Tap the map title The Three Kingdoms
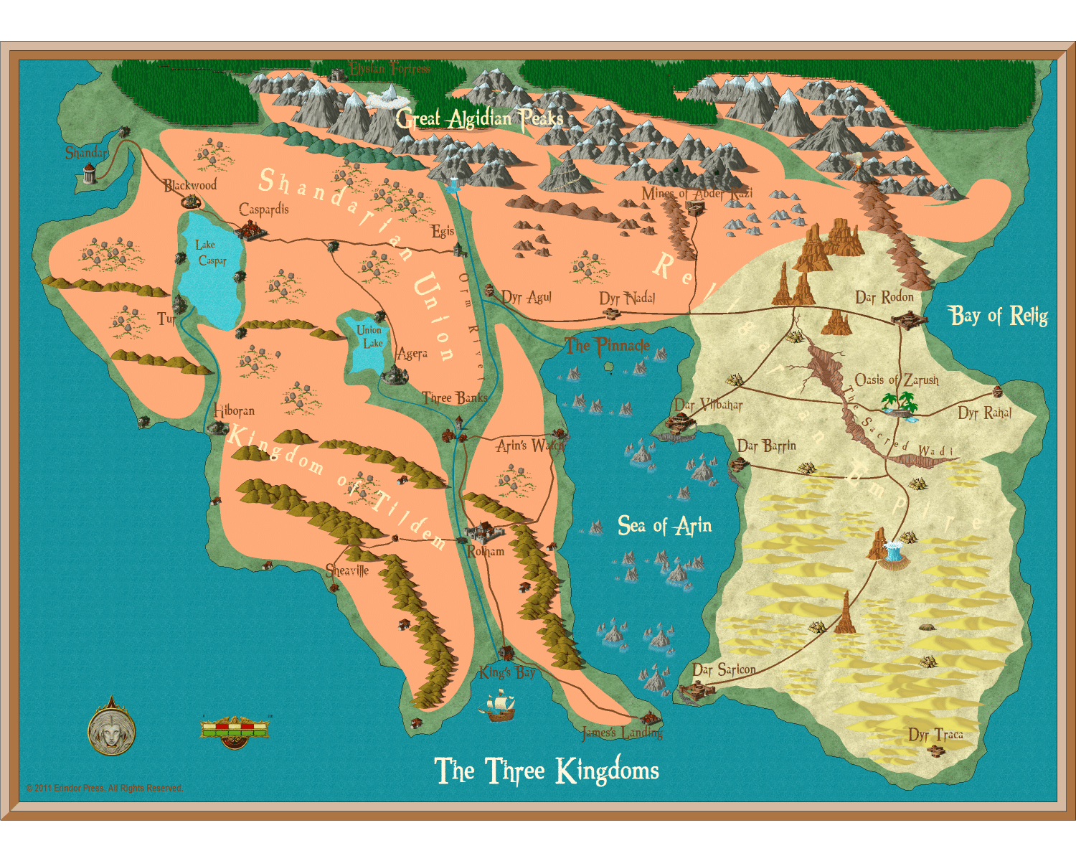(x=547, y=771)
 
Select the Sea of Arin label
(x=664, y=526)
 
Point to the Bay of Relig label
(x=998, y=315)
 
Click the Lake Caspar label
(x=211, y=253)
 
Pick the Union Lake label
(x=370, y=337)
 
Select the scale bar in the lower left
(x=235, y=730)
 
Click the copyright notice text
(x=105, y=788)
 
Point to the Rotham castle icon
(x=483, y=532)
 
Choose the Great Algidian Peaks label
(x=478, y=118)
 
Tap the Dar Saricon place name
(x=724, y=669)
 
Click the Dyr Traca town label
(x=935, y=735)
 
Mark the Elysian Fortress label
(x=389, y=69)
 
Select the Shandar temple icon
(x=89, y=173)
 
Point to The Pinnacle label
(x=607, y=346)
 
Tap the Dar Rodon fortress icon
(x=907, y=319)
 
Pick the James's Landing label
(x=622, y=733)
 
